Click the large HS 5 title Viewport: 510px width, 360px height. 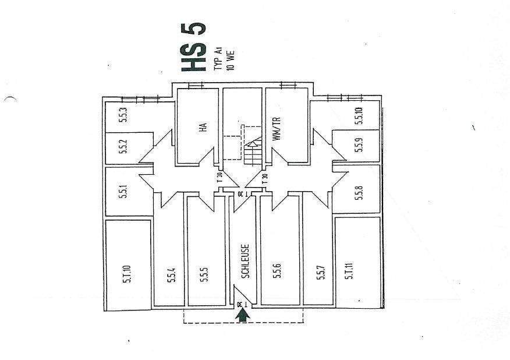[193, 47]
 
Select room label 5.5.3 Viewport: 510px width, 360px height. [123, 115]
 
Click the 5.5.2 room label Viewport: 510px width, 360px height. [123, 147]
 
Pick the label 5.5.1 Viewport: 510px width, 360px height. [123, 192]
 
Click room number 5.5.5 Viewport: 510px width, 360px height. [204, 274]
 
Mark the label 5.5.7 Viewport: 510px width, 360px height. [320, 274]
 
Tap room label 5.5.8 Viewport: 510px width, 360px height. [359, 192]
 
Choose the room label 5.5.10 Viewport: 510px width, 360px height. [359, 117]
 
